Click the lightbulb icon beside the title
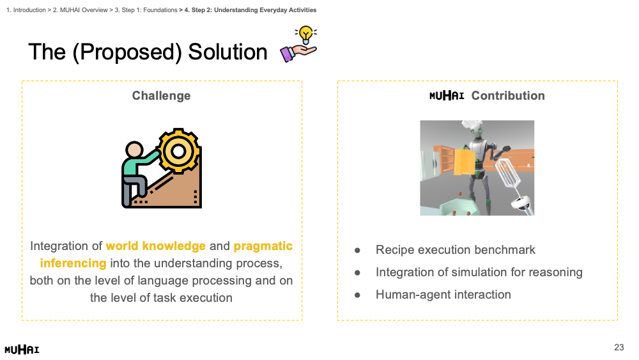click(305, 35)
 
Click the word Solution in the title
click(227, 52)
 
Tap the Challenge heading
click(162, 95)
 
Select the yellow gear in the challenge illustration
click(178, 152)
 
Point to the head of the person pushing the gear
click(134, 150)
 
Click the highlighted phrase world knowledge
click(156, 246)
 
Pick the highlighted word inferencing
click(73, 263)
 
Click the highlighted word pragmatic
click(263, 246)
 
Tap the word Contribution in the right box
click(508, 95)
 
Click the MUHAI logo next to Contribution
click(447, 95)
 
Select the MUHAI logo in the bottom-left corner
click(22, 349)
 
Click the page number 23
click(619, 347)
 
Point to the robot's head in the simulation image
click(477, 133)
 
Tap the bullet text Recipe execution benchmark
click(455, 249)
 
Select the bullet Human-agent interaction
click(443, 294)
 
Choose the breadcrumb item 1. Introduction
click(26, 10)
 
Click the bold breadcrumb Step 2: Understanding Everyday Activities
click(250, 10)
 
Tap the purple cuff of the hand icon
click(286, 54)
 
